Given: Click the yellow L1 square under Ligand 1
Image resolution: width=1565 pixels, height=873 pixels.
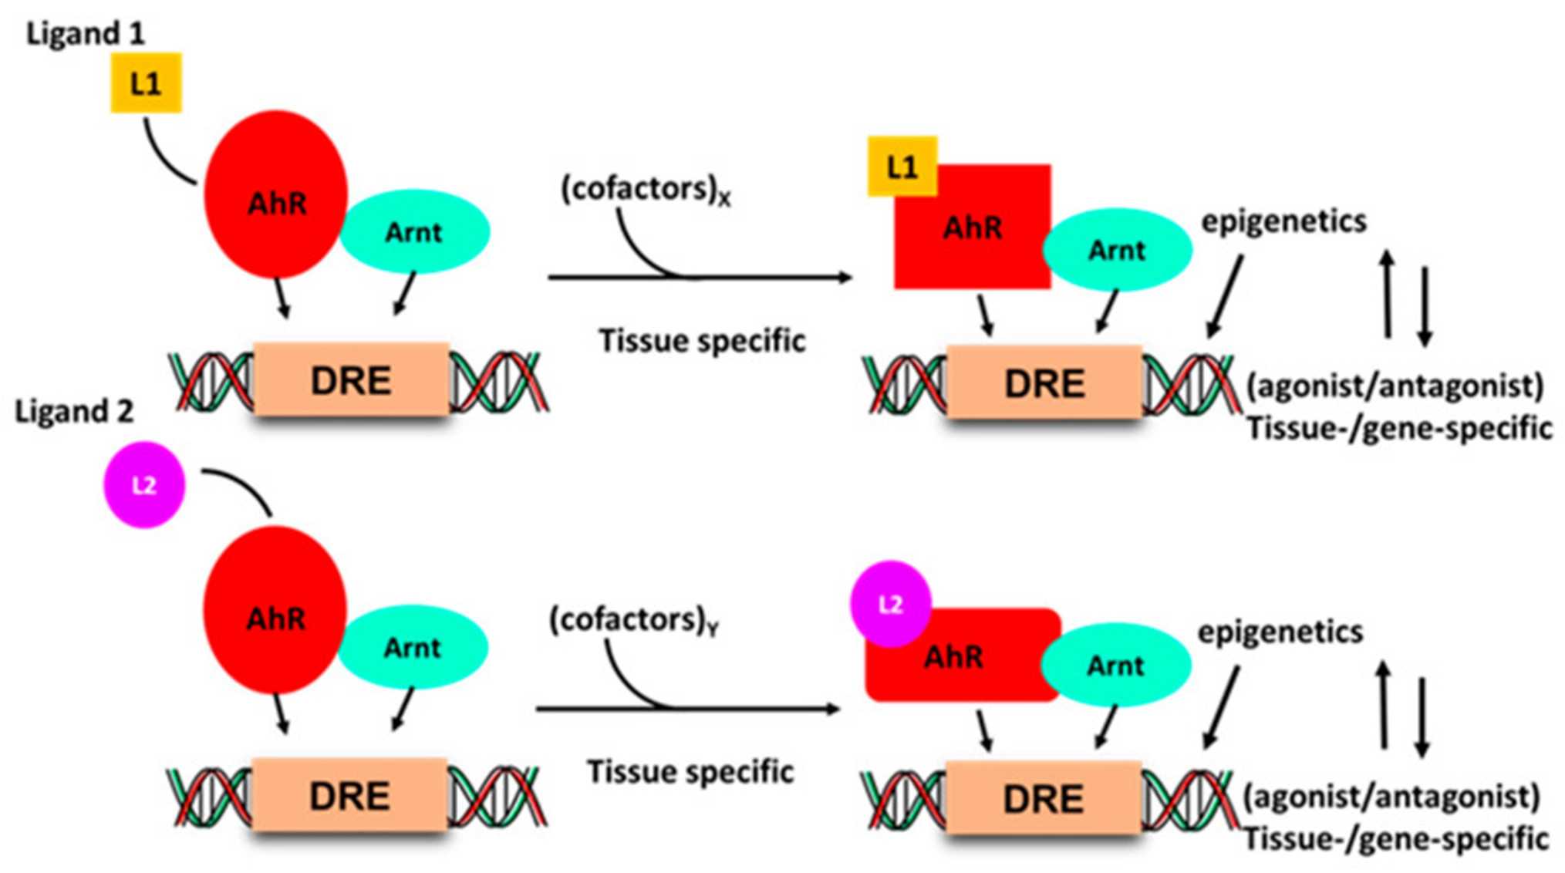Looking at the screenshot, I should pos(146,83).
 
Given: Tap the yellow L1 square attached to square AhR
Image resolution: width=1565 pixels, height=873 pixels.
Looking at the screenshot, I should pos(902,167).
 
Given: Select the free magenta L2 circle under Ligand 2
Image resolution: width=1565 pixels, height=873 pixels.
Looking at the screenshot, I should pos(144,485).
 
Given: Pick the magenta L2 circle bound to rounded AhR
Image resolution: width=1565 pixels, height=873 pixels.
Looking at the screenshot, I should pos(890,603).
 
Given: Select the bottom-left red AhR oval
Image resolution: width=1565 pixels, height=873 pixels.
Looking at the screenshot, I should pos(275,610).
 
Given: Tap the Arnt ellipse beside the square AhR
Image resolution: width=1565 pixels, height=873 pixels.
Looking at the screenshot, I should pos(1117,250).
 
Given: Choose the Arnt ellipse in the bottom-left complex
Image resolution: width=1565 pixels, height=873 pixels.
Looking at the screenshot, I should pos(413,647).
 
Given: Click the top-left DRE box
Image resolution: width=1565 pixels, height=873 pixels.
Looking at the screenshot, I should pos(351,380).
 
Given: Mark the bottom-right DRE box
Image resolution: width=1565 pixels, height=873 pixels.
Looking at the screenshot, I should pos(1043,798).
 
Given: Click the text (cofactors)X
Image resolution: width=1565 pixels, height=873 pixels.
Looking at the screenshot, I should pos(645,190).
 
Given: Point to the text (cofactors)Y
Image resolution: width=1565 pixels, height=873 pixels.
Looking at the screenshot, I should pos(633,621).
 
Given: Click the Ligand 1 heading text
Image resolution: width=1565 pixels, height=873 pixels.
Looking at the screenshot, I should pos(85,34).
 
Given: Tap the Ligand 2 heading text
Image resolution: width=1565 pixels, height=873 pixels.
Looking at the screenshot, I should pos(74,411).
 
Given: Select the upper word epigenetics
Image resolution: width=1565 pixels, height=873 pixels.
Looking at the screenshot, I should pos(1283,221).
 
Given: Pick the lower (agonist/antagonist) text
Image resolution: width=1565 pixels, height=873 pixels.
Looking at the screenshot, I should pos(1391,796).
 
